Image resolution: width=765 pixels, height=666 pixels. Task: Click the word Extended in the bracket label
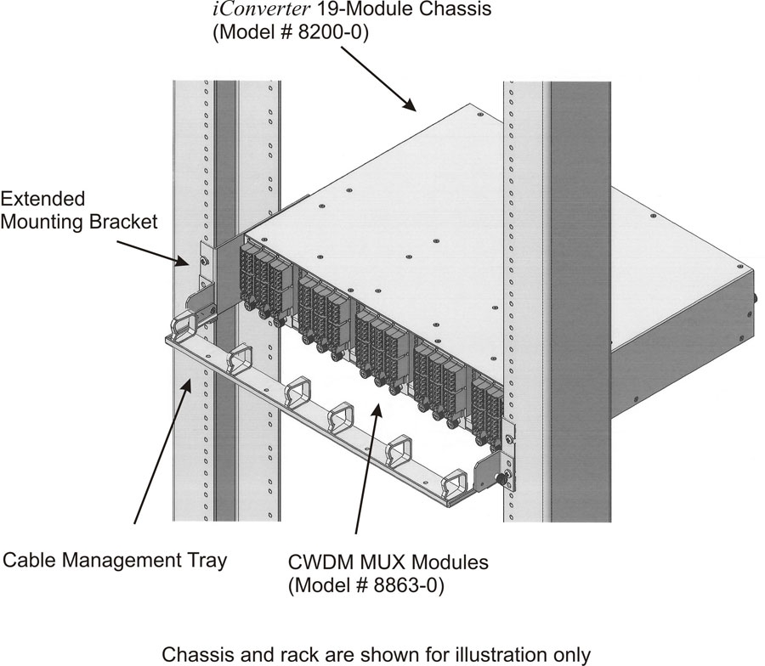[x=43, y=199]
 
